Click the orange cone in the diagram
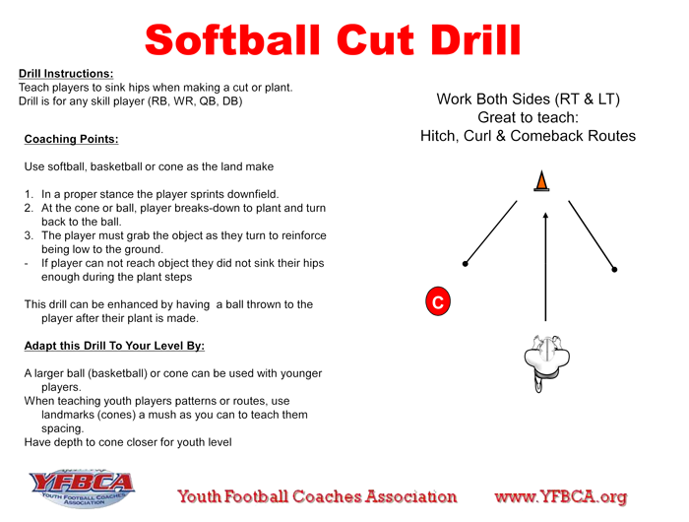541,181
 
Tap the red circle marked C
438,301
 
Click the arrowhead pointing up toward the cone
545,217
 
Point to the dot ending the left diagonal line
466,264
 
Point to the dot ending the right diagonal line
614,270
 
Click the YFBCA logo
82,489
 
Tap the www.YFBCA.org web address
561,497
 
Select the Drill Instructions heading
66,74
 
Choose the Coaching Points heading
71,139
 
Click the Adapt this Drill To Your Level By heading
114,346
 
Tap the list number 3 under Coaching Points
29,235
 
